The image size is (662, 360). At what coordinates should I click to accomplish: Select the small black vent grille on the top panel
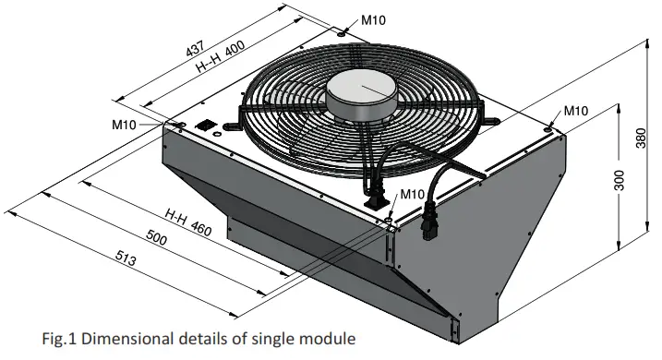tap(206, 125)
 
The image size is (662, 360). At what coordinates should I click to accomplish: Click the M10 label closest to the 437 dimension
tap(374, 18)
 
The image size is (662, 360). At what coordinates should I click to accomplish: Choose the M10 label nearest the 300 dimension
tap(575, 112)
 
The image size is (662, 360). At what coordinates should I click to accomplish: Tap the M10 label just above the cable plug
tap(412, 194)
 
